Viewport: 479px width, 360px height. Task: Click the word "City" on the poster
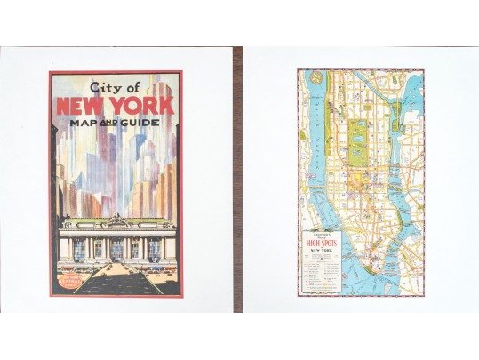[104, 88]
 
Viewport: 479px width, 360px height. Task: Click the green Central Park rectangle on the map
[360, 137]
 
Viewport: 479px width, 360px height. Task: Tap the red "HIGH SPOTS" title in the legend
[329, 240]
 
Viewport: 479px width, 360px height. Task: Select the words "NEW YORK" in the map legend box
[328, 251]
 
